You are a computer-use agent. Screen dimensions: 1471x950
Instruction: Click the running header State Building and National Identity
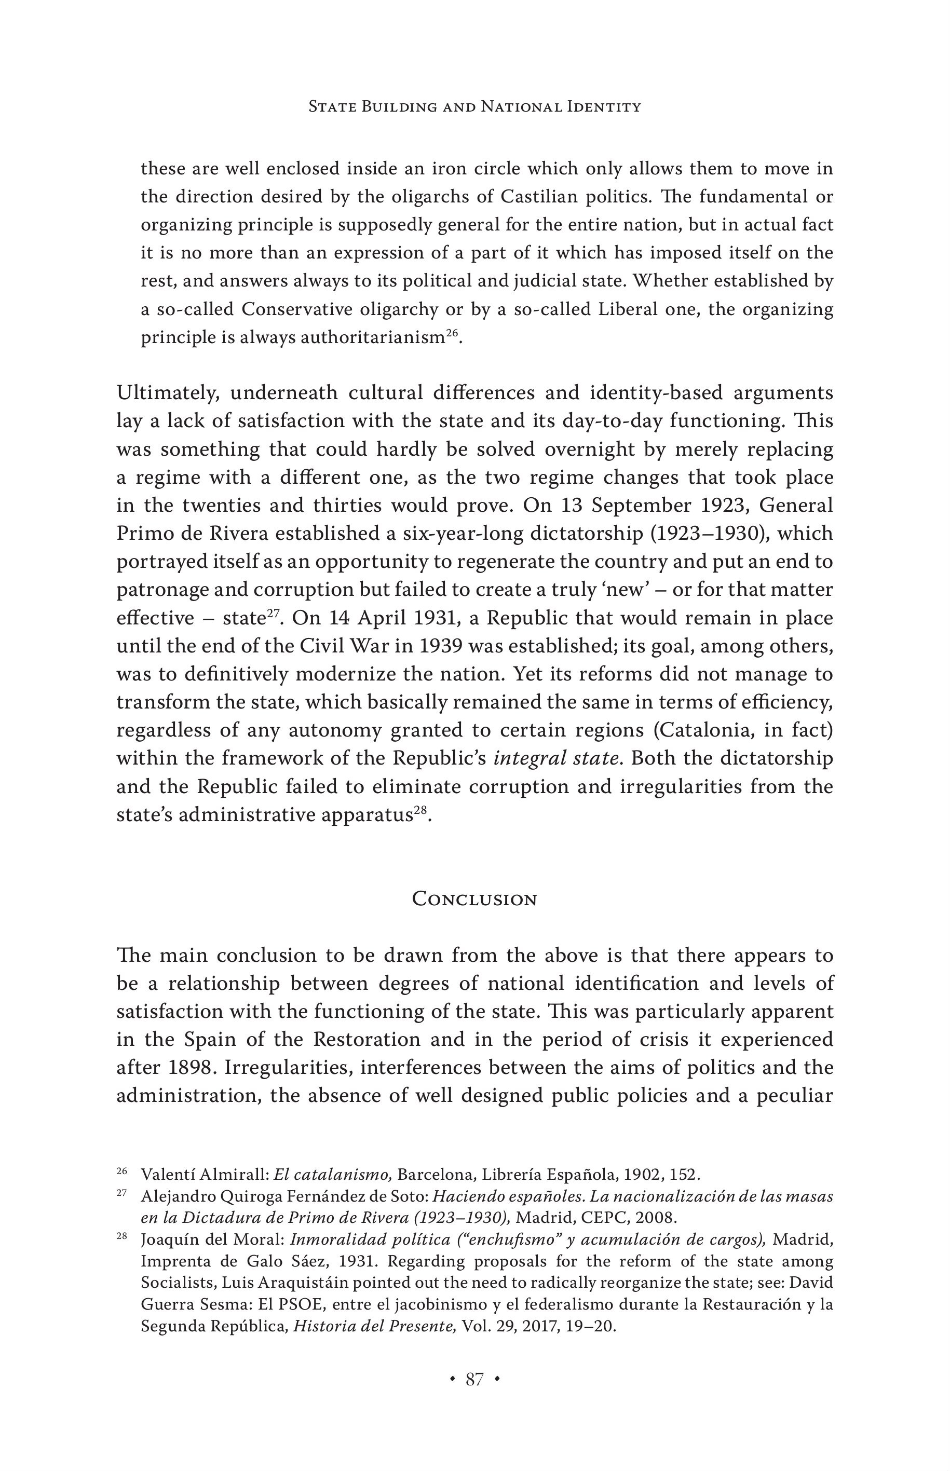pos(474,107)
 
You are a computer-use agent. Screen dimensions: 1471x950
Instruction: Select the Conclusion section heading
pos(474,899)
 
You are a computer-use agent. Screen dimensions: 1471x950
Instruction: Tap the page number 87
pos(474,1379)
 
